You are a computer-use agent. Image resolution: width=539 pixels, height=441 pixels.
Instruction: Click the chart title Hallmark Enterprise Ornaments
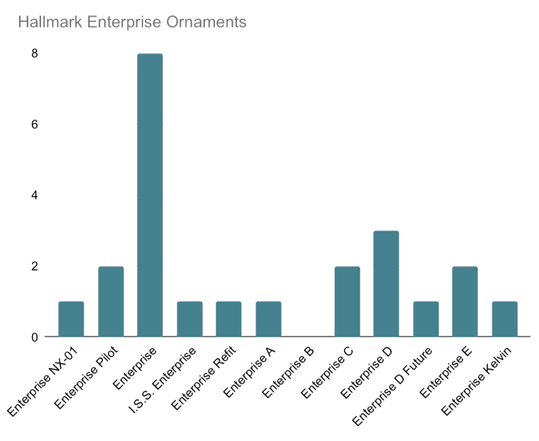[x=132, y=23]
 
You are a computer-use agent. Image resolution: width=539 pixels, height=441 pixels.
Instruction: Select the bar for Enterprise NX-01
[x=71, y=319]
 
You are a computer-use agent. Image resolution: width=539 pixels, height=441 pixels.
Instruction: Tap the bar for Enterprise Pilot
[x=111, y=301]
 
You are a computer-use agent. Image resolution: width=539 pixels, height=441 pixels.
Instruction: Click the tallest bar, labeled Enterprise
[x=150, y=195]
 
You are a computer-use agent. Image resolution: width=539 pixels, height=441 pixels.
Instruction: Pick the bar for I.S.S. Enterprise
[x=190, y=319]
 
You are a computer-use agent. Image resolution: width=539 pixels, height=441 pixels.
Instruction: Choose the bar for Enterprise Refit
[x=229, y=319]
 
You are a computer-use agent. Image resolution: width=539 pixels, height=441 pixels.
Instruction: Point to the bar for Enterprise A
[x=268, y=319]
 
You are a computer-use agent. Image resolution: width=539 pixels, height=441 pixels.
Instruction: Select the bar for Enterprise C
[x=347, y=301]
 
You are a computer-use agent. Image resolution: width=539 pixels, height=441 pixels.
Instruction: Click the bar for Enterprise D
[x=386, y=283]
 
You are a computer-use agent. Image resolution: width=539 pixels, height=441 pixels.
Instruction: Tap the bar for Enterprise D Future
[x=426, y=319]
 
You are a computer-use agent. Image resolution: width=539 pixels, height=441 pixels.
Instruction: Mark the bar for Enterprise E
[x=465, y=301]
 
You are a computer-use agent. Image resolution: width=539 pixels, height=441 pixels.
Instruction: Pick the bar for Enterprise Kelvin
[x=505, y=319]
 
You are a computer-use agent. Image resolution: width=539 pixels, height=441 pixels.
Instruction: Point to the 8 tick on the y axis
[x=35, y=53]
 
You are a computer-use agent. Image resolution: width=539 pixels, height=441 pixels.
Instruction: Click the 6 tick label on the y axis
[x=35, y=124]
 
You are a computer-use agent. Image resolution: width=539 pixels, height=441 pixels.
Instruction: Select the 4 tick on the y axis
[x=35, y=195]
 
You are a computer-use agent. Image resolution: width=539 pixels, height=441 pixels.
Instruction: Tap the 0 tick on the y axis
[x=35, y=337]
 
